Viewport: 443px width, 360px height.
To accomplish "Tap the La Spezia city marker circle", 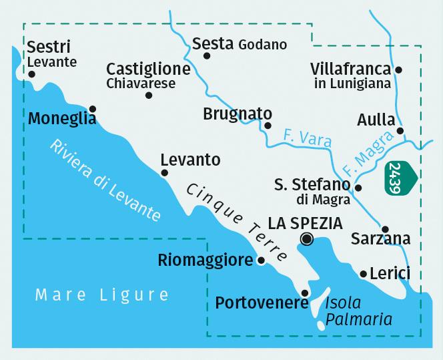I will tap(307, 238).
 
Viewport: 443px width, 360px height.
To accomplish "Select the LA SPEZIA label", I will tap(305, 222).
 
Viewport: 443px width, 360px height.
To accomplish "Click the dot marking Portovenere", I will tap(305, 293).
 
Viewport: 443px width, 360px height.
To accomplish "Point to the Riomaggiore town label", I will tap(205, 260).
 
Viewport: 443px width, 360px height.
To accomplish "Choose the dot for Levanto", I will tap(164, 173).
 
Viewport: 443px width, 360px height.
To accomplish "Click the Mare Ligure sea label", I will tap(103, 295).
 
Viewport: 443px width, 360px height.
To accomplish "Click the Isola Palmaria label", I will tap(358, 311).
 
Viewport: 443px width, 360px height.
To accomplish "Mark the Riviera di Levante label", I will tap(105, 180).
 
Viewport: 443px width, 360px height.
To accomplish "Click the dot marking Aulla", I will tap(400, 131).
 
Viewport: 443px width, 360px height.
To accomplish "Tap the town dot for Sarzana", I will tap(385, 228).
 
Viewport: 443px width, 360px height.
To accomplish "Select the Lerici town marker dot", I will tap(362, 274).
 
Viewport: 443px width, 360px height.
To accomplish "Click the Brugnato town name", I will tap(238, 114).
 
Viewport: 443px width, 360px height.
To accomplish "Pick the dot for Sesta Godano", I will tap(207, 56).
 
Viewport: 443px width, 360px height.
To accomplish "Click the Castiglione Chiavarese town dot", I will tap(148, 96).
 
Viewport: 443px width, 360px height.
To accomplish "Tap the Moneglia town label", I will tap(63, 119).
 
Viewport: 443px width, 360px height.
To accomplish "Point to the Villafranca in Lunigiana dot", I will tap(398, 69).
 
